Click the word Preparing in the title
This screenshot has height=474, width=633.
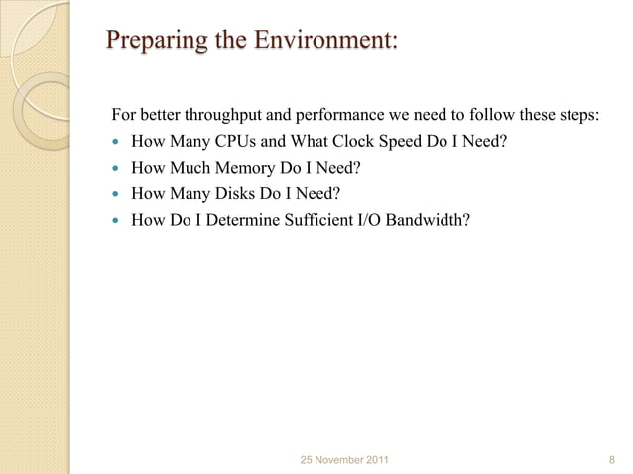point(153,43)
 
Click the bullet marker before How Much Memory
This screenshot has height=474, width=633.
point(117,169)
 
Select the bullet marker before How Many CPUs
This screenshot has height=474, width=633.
point(117,142)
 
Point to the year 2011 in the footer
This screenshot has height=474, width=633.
point(375,460)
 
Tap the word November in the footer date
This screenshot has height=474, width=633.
point(335,460)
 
